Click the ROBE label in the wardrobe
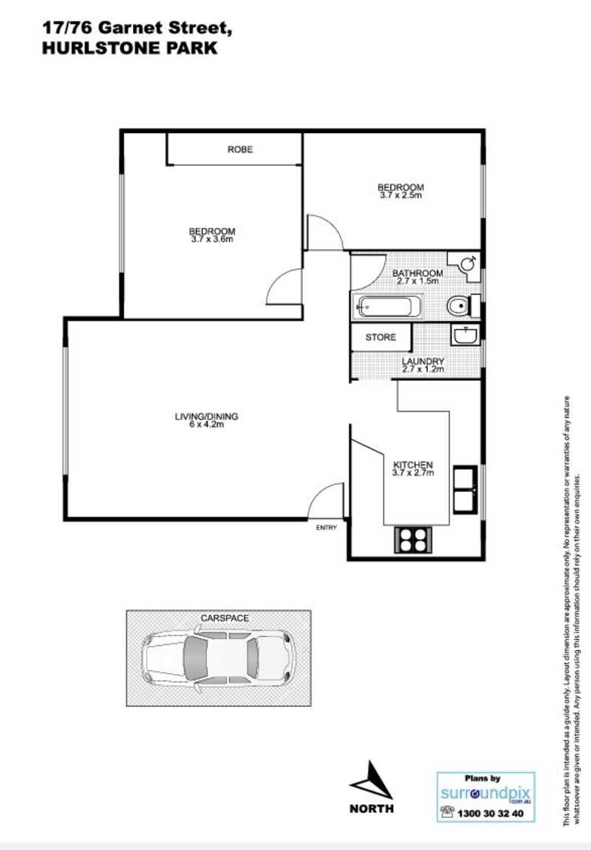point(240,149)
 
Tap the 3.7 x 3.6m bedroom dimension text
point(212,239)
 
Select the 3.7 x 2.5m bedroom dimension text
point(401,195)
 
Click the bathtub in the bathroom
point(388,305)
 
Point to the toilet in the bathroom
point(460,305)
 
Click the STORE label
point(381,337)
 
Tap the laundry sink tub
point(465,336)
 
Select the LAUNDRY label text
point(423,361)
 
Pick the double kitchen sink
point(465,489)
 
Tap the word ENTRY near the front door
point(326,527)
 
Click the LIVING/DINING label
point(206,416)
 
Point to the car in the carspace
point(218,656)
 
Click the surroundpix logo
point(485,794)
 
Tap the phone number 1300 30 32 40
point(491,813)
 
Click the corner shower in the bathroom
point(467,263)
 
